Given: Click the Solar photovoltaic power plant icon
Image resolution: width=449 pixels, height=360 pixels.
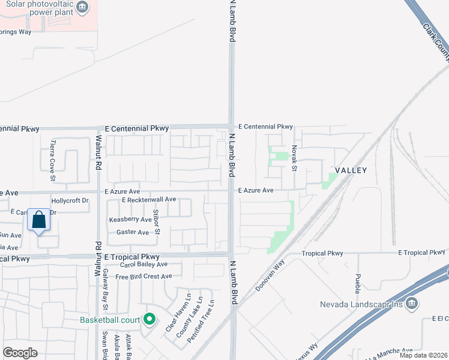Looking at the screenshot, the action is (x=83, y=8).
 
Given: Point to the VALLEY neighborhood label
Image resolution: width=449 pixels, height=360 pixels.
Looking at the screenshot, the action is (x=351, y=170).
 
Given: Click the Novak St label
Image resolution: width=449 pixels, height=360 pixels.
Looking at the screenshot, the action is (x=294, y=157).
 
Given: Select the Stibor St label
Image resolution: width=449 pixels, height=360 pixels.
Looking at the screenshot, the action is (x=157, y=221).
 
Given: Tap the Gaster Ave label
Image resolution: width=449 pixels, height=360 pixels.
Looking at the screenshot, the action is (x=133, y=232).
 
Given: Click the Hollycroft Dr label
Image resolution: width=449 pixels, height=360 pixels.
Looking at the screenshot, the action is (x=70, y=200).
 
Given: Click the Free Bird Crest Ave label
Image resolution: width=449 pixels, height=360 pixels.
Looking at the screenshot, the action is (x=143, y=277).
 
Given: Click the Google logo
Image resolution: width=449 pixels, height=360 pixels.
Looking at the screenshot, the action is (x=20, y=353).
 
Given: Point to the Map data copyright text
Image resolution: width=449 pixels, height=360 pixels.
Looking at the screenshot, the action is (x=423, y=355).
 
